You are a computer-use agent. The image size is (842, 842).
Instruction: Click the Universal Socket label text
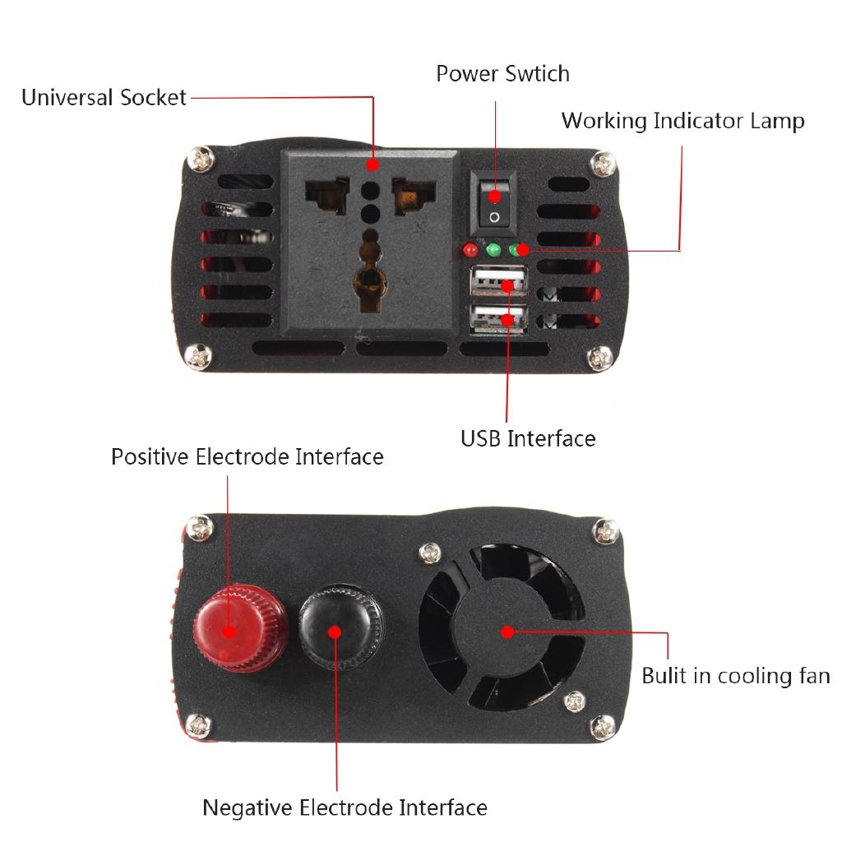[x=104, y=98]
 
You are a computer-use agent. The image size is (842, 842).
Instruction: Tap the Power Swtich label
[x=502, y=74]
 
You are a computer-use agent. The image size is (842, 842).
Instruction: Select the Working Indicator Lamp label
[x=682, y=121]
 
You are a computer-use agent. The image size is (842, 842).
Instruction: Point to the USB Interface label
[x=528, y=438]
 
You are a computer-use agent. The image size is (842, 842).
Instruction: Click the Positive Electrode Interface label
[x=248, y=456]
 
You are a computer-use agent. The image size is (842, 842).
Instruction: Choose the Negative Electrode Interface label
[x=345, y=807]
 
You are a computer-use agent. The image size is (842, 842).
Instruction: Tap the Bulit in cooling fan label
[x=735, y=677]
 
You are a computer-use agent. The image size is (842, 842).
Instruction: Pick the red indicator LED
[x=470, y=249]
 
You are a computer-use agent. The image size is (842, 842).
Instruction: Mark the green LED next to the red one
[x=493, y=249]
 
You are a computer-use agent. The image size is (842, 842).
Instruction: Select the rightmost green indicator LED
[x=516, y=249]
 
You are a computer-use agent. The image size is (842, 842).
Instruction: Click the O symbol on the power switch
[x=493, y=217]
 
